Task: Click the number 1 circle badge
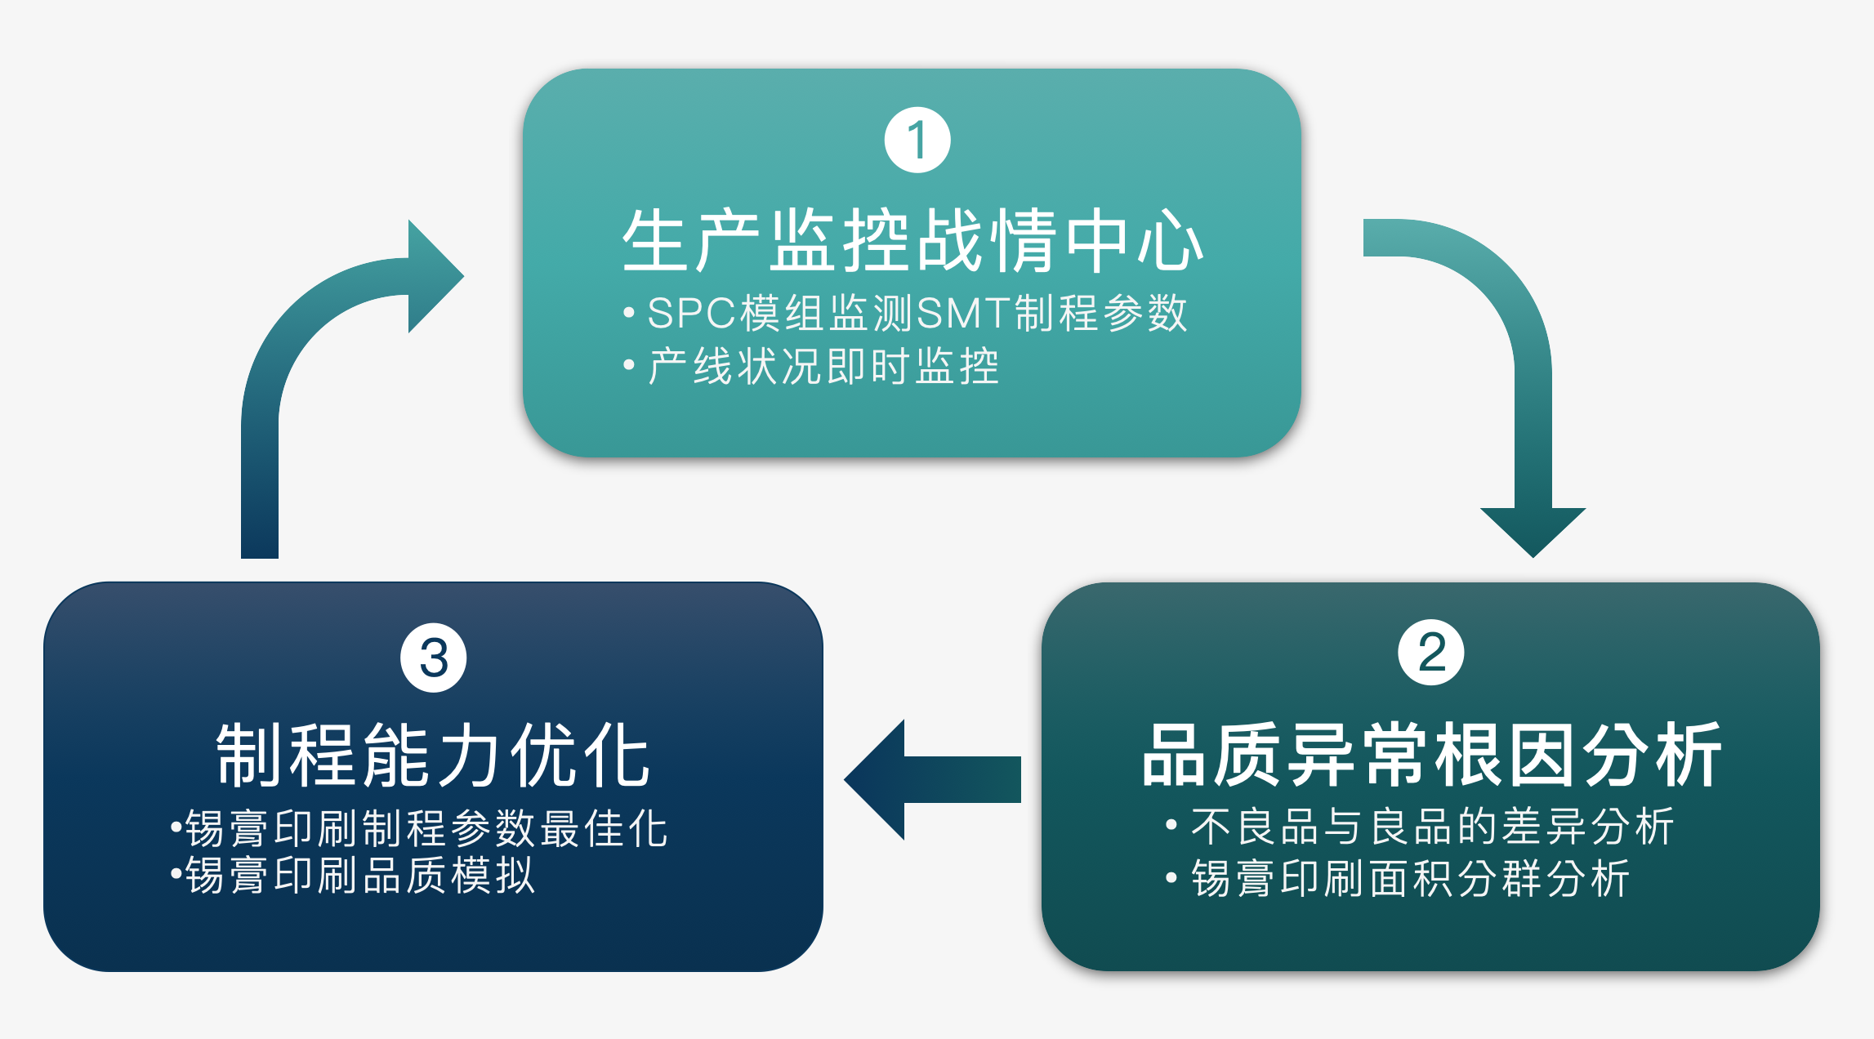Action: coord(917,140)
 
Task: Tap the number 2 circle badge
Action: coord(1431,653)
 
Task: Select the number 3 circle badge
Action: coord(434,658)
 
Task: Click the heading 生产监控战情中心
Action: coord(912,240)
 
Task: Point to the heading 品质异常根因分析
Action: coord(1431,755)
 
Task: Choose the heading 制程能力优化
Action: coord(433,756)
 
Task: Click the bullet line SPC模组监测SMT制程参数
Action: coord(905,313)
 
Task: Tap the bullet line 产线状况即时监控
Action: coord(811,366)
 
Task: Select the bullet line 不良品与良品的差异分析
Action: coord(1420,826)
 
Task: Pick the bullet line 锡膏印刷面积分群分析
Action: coord(1398,878)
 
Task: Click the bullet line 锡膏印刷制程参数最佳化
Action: coord(419,828)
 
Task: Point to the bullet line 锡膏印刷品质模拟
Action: coord(352,875)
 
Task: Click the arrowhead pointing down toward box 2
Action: coord(1533,532)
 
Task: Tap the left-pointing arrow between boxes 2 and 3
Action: coord(932,779)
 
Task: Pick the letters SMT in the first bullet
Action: coord(964,313)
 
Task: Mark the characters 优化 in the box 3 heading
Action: coord(581,756)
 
